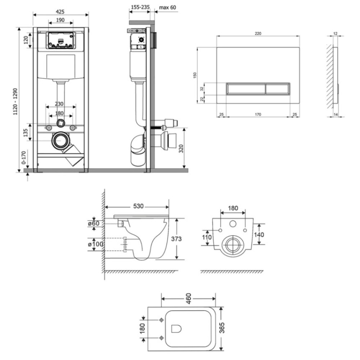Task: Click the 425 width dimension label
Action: (60, 12)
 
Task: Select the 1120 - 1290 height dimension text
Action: (15, 102)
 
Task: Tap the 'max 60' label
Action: (168, 8)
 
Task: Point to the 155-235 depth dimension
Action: (140, 7)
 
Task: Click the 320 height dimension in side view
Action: (181, 149)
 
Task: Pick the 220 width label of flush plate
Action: (258, 33)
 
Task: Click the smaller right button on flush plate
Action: (278, 89)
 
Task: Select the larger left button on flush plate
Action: (246, 89)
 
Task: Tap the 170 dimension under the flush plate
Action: (258, 114)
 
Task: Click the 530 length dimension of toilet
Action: (139, 206)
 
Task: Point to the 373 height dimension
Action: (176, 239)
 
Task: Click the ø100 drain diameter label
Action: (95, 244)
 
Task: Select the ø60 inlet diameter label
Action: (94, 224)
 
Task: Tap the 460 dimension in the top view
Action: (188, 298)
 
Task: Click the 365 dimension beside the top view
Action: (222, 328)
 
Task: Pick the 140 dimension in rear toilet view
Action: (259, 235)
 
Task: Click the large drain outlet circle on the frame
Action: (60, 140)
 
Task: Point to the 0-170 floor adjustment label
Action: (24, 158)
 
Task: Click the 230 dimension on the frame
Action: (59, 104)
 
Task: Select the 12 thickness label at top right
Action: (336, 33)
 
